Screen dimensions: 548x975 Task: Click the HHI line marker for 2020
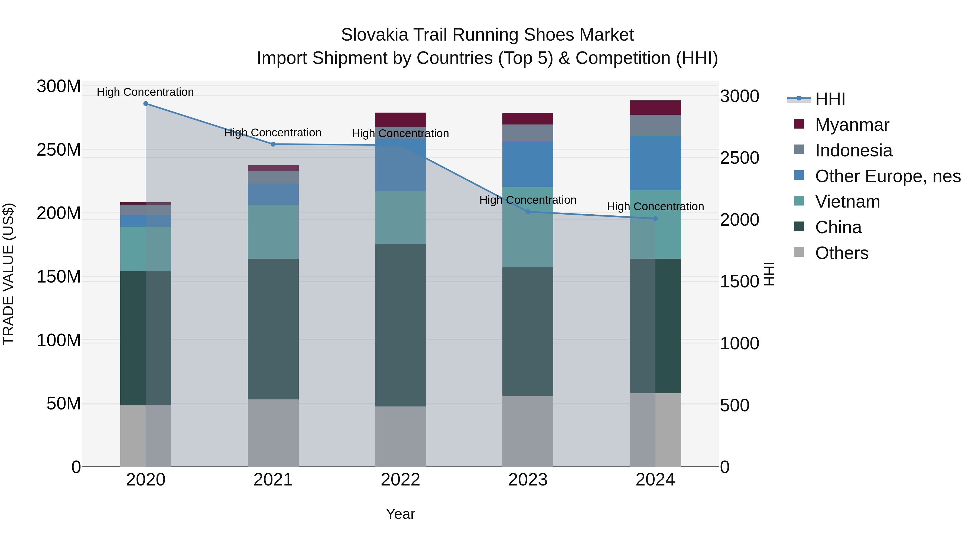146,104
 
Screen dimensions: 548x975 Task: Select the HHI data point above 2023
528,212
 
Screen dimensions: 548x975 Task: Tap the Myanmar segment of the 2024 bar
655,108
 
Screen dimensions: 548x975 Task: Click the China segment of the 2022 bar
401,325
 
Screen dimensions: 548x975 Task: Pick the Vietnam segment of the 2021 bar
273,232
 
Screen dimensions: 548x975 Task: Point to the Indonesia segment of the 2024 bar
655,126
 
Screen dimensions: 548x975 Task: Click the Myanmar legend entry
851,125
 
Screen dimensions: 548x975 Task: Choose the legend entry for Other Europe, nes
888,176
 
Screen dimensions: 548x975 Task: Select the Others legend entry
841,253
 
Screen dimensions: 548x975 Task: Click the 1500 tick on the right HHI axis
739,282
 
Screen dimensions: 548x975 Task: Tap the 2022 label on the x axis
401,480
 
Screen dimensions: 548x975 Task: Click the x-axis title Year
401,514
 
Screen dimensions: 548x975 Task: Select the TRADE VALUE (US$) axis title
9,274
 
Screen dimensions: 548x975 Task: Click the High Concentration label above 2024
655,206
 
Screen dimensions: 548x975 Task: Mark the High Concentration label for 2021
273,133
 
